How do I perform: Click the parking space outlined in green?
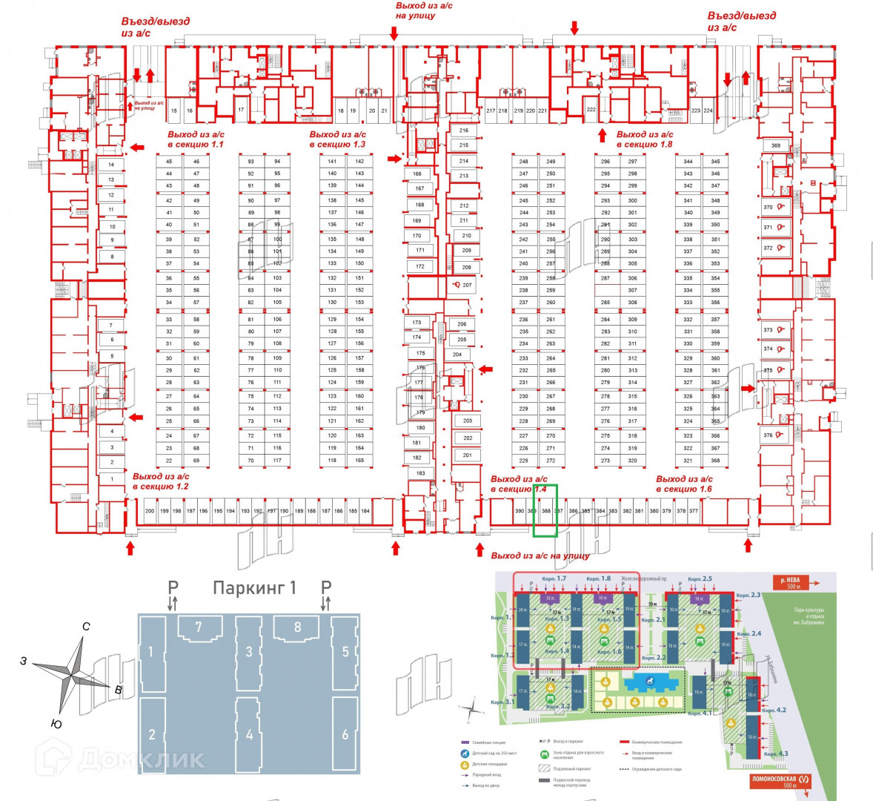[x=545, y=510]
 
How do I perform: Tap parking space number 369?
[x=775, y=146]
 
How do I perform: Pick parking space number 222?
[x=591, y=109]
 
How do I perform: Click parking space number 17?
[x=241, y=109]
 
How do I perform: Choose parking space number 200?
[x=150, y=511]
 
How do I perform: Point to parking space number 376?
[x=769, y=436]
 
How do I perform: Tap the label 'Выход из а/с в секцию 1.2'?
[x=161, y=481]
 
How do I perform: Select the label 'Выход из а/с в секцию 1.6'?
[x=684, y=484]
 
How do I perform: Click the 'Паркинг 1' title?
[x=254, y=588]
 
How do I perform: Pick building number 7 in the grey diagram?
[x=198, y=628]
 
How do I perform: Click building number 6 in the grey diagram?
[x=345, y=734]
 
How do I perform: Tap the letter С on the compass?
[x=87, y=627]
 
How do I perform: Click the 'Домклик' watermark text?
[x=141, y=759]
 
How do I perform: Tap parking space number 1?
[x=112, y=479]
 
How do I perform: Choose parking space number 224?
[x=708, y=111]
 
